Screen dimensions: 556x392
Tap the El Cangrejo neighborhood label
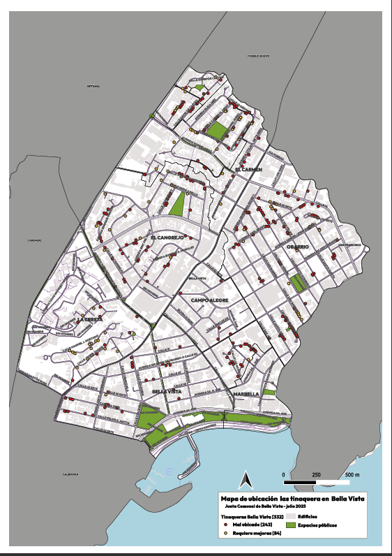167,237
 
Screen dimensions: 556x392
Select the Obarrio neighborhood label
296,247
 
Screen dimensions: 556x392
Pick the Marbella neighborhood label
247,394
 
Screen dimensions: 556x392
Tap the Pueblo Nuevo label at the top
259,56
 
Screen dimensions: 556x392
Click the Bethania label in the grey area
93,86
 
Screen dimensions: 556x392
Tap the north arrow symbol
245,480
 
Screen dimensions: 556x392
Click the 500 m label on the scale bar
352,475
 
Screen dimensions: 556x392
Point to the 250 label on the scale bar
317,475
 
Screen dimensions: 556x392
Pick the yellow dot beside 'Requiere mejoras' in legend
226,533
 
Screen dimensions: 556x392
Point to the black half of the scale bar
301,482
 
